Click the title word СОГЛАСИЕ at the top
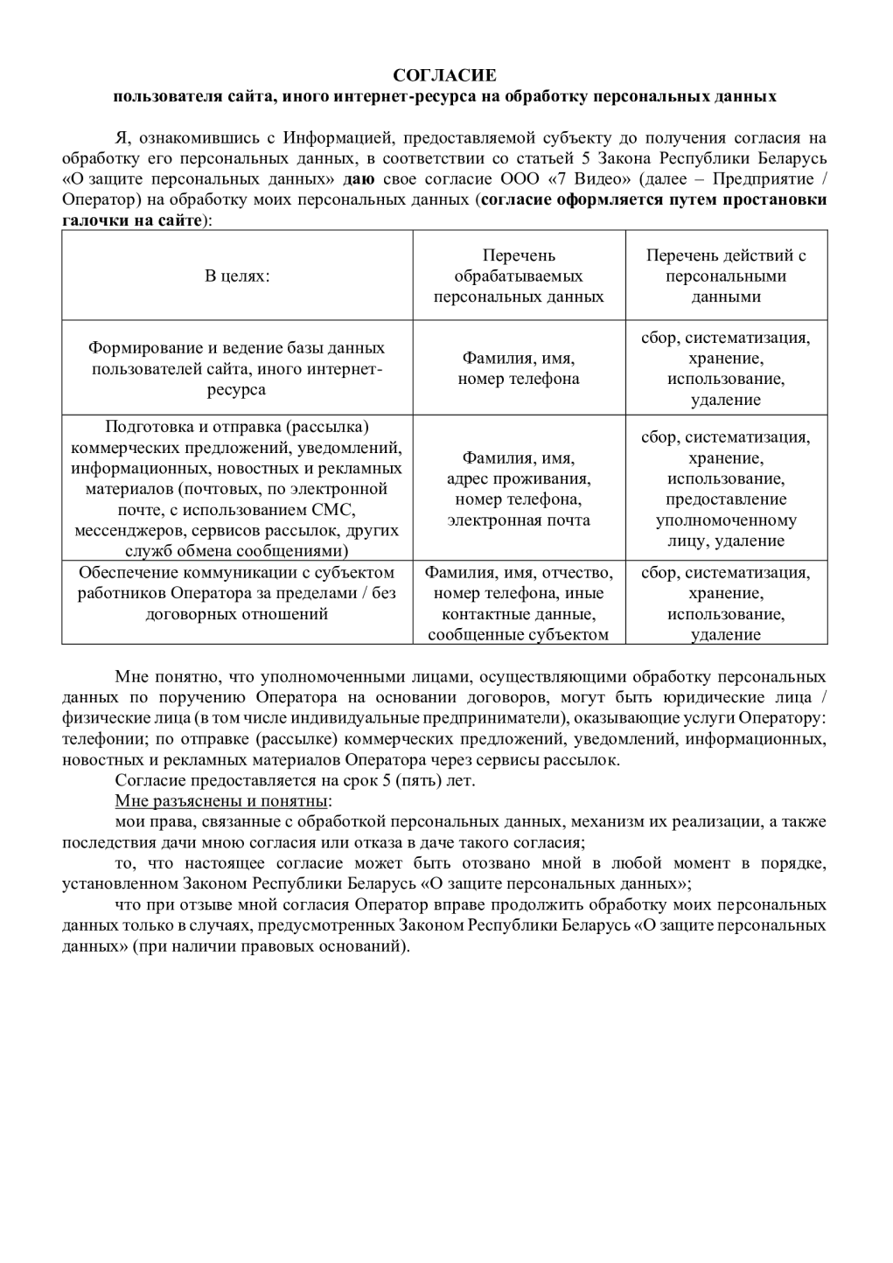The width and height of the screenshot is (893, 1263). pos(444,76)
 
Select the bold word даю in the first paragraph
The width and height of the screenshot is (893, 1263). pos(359,179)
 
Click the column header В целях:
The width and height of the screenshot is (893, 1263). pos(237,276)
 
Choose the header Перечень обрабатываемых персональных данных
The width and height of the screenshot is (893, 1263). pos(519,276)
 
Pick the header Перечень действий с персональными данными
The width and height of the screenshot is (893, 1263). pos(726,276)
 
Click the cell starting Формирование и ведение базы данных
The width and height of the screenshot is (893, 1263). pos(237,368)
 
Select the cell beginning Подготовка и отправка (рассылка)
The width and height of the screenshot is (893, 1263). pos(237,488)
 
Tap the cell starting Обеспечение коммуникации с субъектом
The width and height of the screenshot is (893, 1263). pos(237,593)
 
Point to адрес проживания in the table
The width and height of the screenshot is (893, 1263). pos(519,479)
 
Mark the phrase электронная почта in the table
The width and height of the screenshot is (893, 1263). pos(519,520)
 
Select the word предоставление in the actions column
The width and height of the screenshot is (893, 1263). pos(726,499)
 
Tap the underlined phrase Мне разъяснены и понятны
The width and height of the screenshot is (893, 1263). pos(223,801)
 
